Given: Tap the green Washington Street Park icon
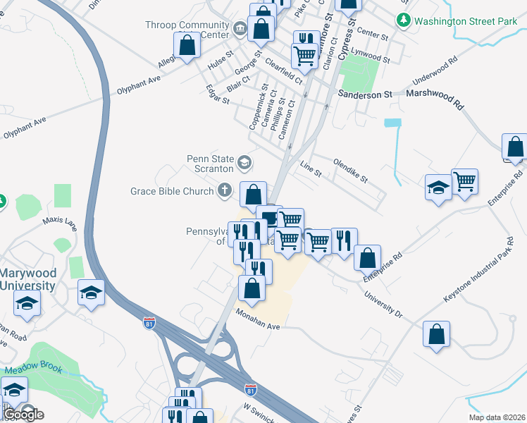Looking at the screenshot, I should (404, 20).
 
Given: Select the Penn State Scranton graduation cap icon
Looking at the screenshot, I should (244, 164).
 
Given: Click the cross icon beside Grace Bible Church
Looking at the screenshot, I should (225, 190).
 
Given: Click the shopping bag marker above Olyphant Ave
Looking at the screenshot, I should (188, 46).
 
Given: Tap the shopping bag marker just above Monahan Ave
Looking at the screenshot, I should (252, 287).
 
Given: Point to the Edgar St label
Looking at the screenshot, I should (217, 95).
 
